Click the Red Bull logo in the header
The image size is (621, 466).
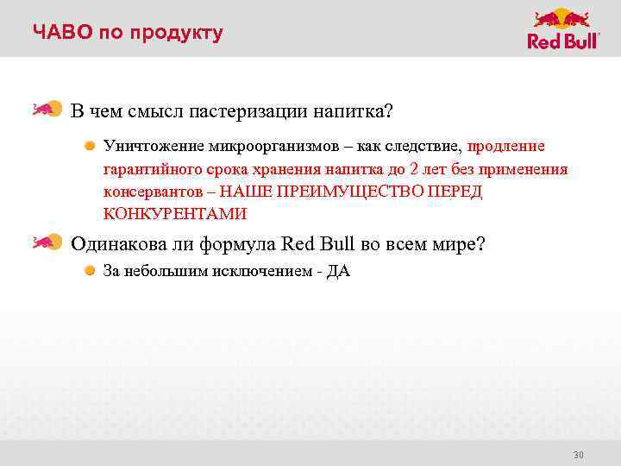click(562, 29)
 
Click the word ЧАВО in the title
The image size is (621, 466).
click(60, 33)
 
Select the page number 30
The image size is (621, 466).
click(579, 455)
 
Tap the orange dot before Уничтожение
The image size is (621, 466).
click(90, 145)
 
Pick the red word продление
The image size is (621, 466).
click(506, 146)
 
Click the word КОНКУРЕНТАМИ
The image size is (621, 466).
click(175, 213)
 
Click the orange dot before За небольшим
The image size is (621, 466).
click(90, 271)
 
